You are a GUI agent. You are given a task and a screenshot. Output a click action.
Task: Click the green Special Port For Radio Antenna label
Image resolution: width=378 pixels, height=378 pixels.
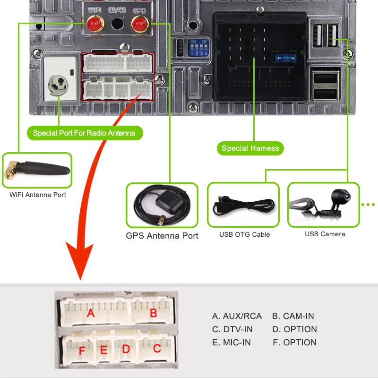tap(84, 133)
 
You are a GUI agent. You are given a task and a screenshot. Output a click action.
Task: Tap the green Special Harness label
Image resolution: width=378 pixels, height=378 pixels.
tap(250, 148)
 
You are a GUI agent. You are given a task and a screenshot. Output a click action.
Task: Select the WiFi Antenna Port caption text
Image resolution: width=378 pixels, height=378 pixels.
tap(38, 195)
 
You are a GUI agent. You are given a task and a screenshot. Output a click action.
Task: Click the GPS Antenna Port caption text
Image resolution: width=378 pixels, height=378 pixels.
tap(162, 235)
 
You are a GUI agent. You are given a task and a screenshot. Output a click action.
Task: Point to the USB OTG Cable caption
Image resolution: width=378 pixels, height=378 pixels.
tap(245, 234)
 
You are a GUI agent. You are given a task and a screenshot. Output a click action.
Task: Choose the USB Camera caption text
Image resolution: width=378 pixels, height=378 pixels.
tap(325, 234)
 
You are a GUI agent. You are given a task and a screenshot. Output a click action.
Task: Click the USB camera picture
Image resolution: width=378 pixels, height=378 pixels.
tap(323, 204)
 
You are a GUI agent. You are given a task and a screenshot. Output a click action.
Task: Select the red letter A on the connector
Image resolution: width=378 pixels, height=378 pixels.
tap(91, 313)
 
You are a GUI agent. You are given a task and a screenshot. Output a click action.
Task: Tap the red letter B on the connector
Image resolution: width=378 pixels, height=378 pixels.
tap(153, 313)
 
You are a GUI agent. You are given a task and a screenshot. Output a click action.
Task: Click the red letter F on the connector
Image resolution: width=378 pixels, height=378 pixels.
tap(82, 351)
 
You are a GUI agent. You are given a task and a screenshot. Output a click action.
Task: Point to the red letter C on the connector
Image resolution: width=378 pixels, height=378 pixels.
tap(157, 349)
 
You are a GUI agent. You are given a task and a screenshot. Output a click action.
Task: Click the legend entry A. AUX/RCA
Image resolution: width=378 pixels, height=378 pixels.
tap(237, 316)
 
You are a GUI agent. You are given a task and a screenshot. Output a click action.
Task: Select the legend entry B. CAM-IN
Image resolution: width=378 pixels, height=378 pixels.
tap(293, 316)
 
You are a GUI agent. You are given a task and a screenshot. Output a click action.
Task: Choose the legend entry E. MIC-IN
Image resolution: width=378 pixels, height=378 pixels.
tap(232, 343)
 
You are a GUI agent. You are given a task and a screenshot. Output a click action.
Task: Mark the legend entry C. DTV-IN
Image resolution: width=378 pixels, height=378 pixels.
tap(232, 329)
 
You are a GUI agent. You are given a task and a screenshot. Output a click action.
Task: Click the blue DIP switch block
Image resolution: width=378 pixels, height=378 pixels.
tap(198, 48)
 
